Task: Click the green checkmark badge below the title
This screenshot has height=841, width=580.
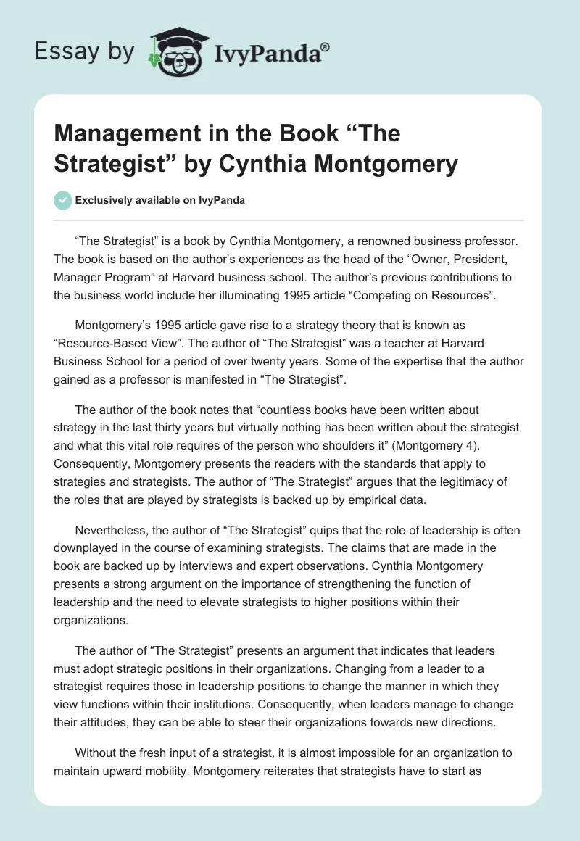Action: tap(63, 200)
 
